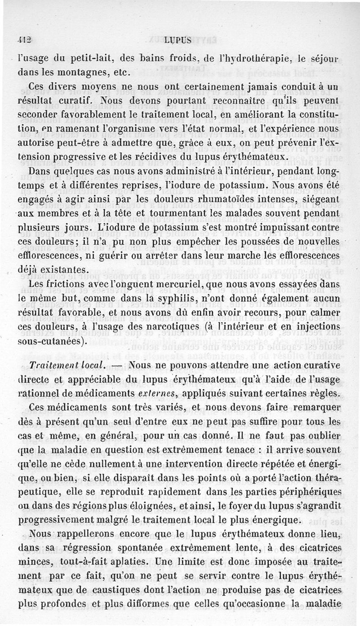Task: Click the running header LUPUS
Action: [177, 40]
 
